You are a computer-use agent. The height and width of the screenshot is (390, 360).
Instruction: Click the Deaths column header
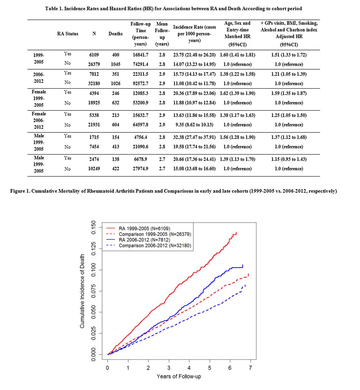coord(115,34)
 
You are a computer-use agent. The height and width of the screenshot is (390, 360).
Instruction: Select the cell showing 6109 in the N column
coord(94,55)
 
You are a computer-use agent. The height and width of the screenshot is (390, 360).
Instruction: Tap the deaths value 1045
coord(115,64)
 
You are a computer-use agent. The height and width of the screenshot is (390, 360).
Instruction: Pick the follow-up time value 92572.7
coord(140,84)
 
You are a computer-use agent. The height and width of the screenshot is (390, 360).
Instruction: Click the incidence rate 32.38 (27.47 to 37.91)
coord(194,137)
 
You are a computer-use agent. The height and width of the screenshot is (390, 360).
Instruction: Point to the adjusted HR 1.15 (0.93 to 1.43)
coord(289,159)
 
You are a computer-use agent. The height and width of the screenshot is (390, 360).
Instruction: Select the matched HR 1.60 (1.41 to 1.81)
coord(237,55)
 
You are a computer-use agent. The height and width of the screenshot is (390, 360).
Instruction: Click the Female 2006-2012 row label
coord(39,120)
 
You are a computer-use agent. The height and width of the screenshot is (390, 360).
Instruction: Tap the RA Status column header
coord(68,34)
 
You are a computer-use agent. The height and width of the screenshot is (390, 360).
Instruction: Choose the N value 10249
coord(94,169)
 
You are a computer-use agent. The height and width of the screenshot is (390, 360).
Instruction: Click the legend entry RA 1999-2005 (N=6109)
coord(144,229)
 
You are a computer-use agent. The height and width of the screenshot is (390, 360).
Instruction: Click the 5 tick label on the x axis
coord(209,368)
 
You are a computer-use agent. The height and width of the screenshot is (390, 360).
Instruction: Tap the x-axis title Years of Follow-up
coord(179,377)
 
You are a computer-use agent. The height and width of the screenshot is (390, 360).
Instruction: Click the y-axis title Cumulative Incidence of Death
coord(82,291)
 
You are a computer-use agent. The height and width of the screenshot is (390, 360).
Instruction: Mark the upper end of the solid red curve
coord(236,232)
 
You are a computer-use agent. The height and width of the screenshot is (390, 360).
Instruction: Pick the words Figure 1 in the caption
coord(20,191)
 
